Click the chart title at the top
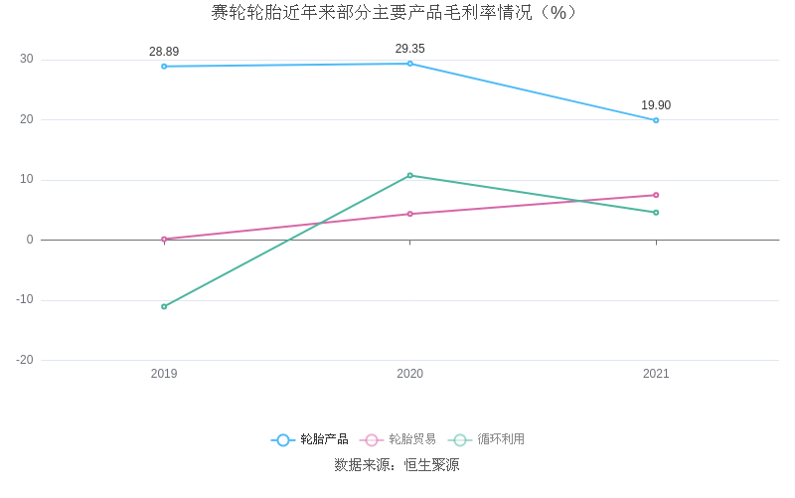(395, 13)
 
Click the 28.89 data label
(164, 52)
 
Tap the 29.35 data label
(409, 49)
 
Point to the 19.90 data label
(656, 105)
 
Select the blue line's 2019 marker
(164, 67)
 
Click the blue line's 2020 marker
(409, 64)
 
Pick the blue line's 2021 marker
(656, 120)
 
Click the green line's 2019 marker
(164, 306)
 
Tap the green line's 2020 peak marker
(409, 175)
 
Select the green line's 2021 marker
(656, 213)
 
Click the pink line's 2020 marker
(409, 214)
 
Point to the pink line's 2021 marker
(656, 195)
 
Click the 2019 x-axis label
(164, 374)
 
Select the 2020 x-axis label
(409, 374)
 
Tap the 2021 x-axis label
(656, 374)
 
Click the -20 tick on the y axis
(25, 360)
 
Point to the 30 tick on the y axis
(27, 60)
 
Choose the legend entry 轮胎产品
(310, 439)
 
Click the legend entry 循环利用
(487, 439)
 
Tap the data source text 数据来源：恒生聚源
(397, 465)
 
